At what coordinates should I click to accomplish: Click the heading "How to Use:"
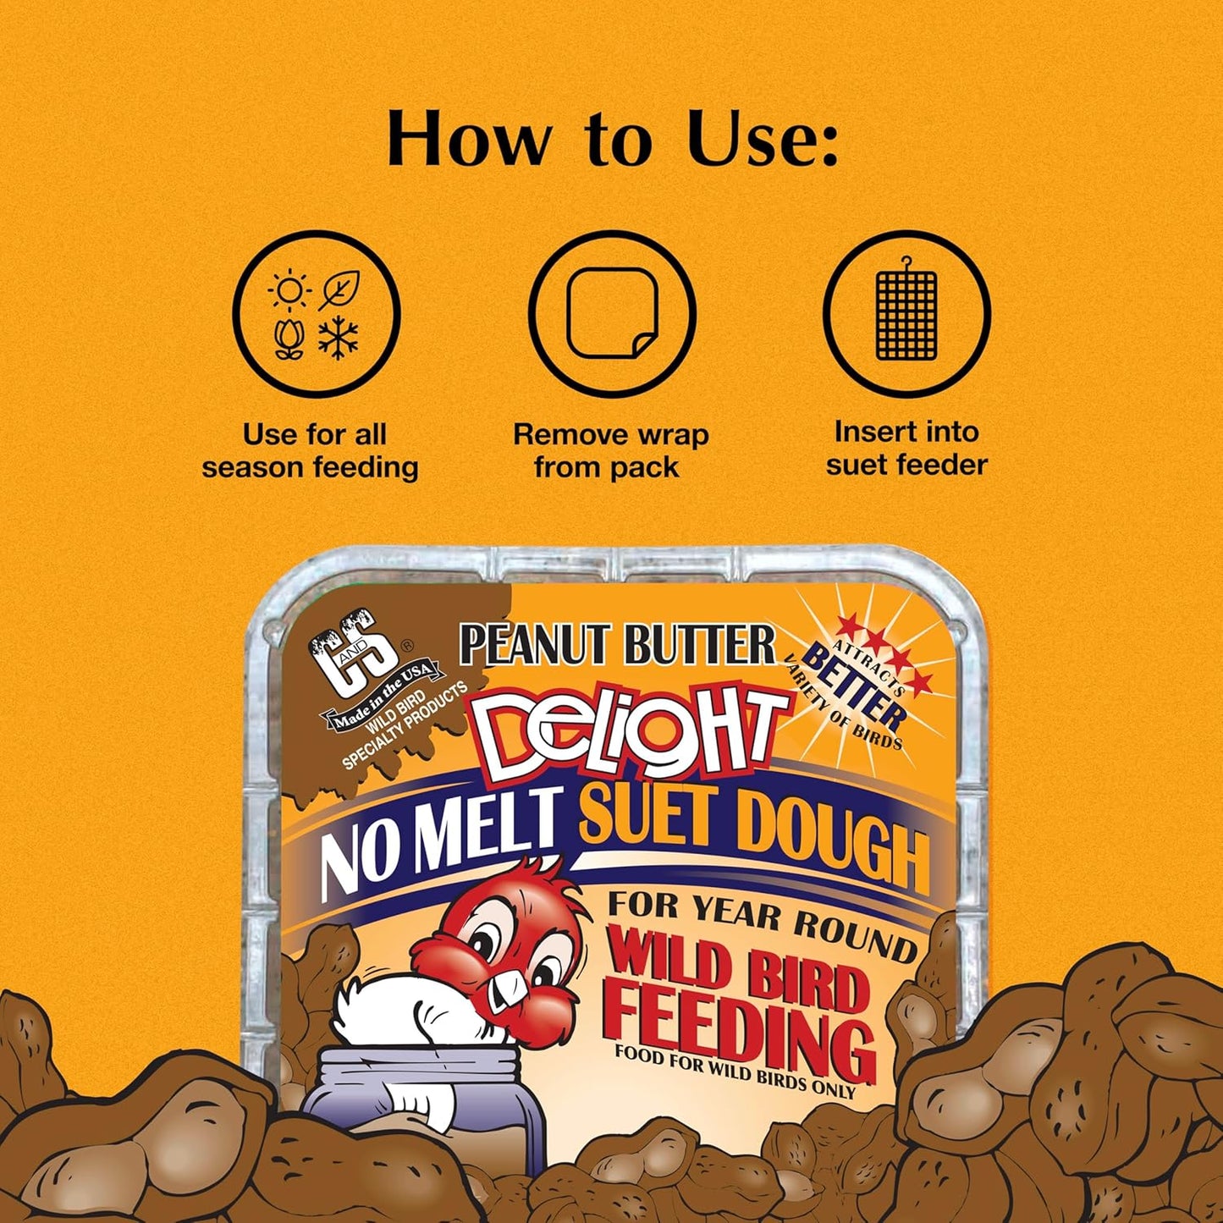pyautogui.click(x=612, y=139)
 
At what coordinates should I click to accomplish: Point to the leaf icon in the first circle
pyautogui.click(x=340, y=290)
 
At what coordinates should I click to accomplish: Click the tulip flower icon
pyautogui.click(x=289, y=339)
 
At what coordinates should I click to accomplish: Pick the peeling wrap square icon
pyautogui.click(x=612, y=314)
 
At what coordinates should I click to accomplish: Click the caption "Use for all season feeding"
pyautogui.click(x=311, y=451)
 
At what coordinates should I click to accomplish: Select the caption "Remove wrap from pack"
pyautogui.click(x=610, y=451)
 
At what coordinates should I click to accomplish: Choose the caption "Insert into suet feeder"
pyautogui.click(x=906, y=449)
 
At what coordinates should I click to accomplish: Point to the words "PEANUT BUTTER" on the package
pyautogui.click(x=617, y=646)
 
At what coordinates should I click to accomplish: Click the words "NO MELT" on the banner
pyautogui.click(x=440, y=837)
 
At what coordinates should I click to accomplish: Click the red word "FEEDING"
pyautogui.click(x=741, y=1028)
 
